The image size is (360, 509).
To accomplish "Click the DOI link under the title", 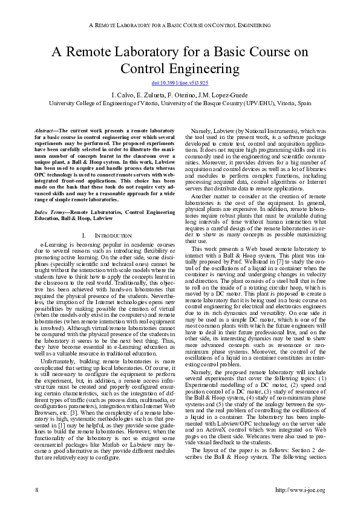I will (180, 83).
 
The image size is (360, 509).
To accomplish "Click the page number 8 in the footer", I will (38, 490).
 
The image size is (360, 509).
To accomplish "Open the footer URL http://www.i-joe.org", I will (300, 490).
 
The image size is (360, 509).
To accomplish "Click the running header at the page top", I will (180, 26).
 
